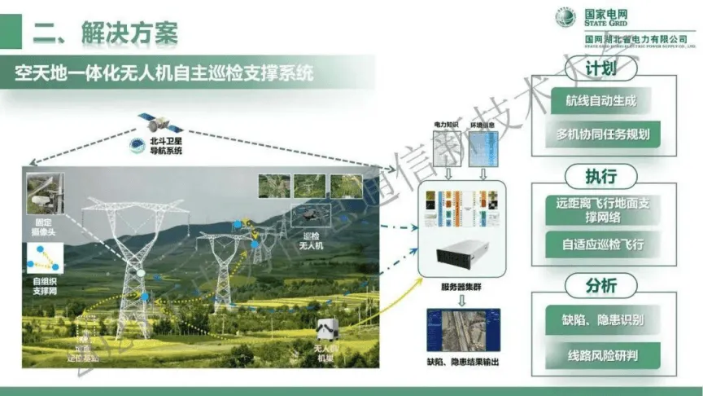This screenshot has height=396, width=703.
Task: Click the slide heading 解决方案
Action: pos(106,33)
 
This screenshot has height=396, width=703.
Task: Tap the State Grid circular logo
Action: pos(565,17)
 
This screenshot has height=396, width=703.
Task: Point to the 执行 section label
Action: pos(600,175)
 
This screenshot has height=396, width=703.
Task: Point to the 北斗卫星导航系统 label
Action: pos(167,147)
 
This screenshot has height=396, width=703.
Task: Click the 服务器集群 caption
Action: pos(459,288)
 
